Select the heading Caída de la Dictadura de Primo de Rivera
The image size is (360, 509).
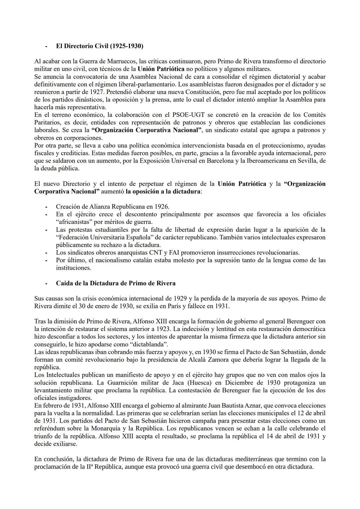tap(115, 283)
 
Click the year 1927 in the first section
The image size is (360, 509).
tap(97, 92)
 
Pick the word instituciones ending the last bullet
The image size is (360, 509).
tap(73, 268)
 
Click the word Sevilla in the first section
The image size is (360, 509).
tap(306, 161)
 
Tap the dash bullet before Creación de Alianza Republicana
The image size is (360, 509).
tap(47, 207)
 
